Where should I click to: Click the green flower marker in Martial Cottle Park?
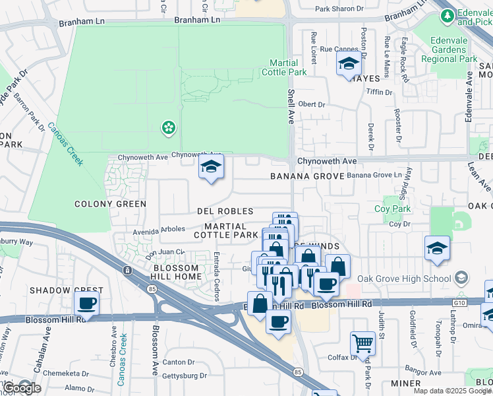[169, 127]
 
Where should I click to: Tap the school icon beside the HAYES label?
[348, 64]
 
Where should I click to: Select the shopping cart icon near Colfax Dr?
[362, 342]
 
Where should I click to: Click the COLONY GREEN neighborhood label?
[110, 204]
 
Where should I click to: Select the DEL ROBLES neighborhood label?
[225, 211]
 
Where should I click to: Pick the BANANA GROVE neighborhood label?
[308, 176]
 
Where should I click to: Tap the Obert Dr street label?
[312, 104]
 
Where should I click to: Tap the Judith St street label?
[381, 323]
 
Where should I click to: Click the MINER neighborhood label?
[405, 383]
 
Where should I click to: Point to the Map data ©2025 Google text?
[452, 391]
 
